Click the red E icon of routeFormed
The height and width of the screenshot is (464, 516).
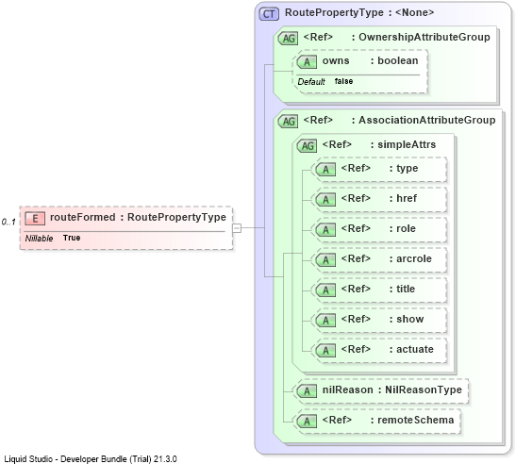(35, 218)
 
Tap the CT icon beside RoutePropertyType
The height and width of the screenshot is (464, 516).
(269, 14)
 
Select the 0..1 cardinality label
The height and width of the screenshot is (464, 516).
(8, 222)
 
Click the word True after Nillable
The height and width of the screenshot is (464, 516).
(72, 238)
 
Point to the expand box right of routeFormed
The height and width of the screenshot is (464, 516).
(237, 227)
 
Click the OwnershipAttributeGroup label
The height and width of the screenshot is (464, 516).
(424, 37)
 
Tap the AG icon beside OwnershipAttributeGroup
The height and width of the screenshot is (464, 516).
(289, 38)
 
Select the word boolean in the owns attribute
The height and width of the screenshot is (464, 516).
(398, 60)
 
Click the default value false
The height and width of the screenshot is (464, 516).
(343, 81)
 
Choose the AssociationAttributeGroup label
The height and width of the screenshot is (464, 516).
(426, 120)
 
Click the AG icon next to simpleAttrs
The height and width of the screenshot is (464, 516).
(307, 145)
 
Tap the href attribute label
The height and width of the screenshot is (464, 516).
(407, 198)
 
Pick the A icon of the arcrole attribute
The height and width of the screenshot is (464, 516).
(325, 260)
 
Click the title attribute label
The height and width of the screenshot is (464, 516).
(406, 289)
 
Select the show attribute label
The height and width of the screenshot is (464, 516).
(410, 319)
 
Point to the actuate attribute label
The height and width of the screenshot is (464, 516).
(415, 349)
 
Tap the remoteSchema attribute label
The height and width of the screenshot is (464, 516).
(416, 420)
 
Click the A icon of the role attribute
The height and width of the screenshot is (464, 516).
(325, 230)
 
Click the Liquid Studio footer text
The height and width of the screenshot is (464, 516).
(91, 458)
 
